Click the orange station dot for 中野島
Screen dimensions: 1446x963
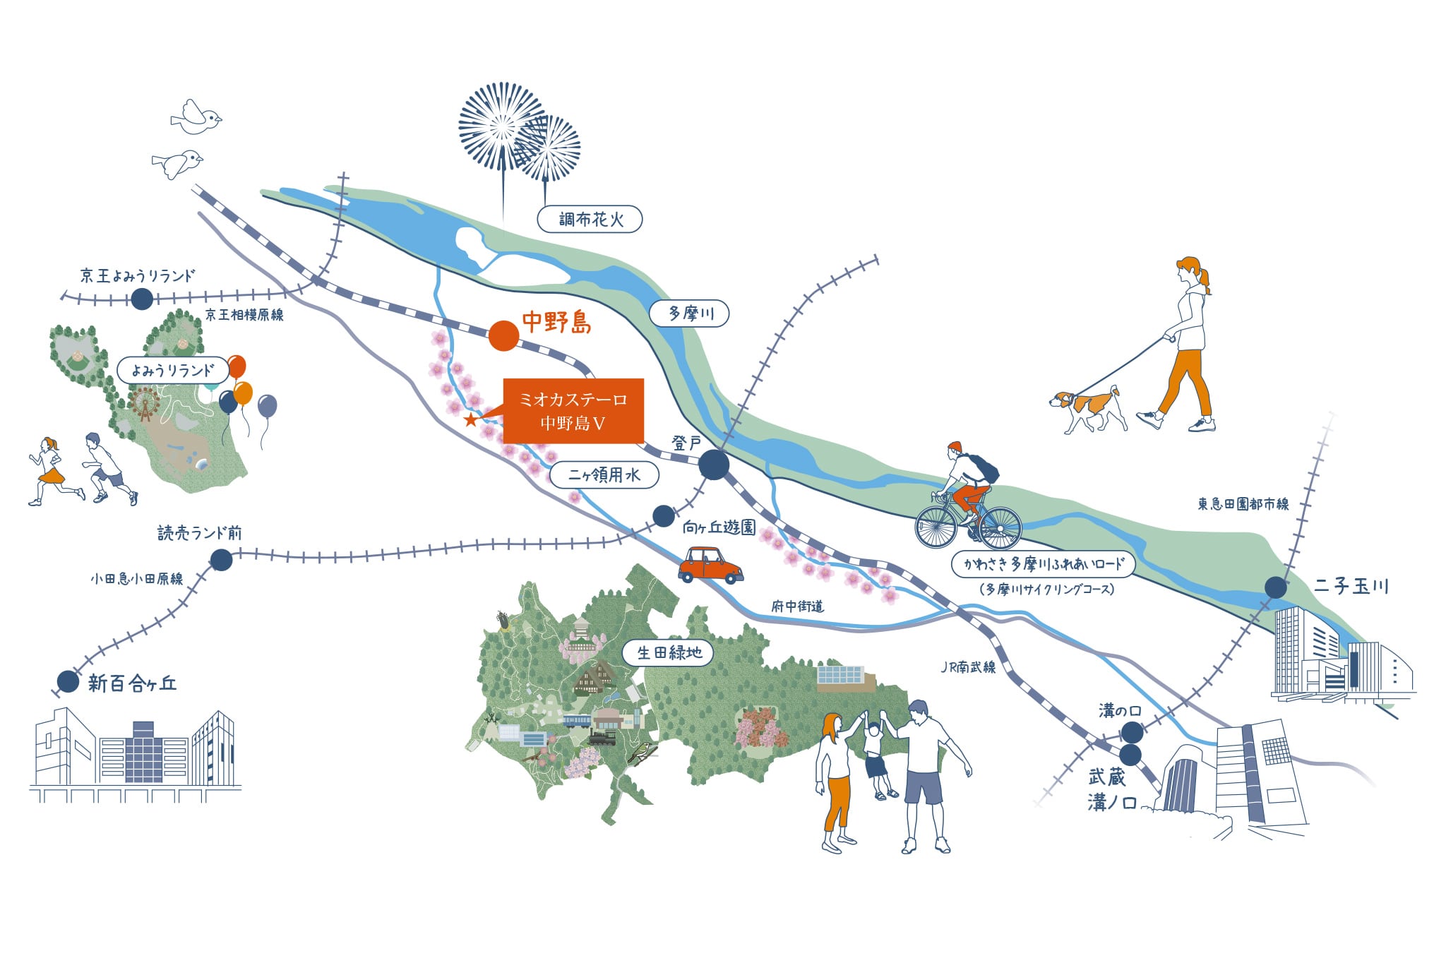[503, 336]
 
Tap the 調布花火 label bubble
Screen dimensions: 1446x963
[590, 220]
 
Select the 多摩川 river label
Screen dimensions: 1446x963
[689, 313]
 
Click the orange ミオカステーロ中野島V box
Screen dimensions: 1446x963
[573, 411]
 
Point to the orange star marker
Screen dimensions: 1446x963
[470, 420]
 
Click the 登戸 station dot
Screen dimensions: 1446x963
[714, 465]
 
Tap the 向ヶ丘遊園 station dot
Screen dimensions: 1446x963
[663, 516]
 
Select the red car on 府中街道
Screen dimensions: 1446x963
[710, 565]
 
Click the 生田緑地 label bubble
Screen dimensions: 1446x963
[668, 652]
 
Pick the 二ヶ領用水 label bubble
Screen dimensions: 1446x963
[604, 475]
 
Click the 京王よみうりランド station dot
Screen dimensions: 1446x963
[142, 299]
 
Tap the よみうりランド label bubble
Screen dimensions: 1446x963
[173, 371]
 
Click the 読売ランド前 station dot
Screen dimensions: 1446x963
[221, 560]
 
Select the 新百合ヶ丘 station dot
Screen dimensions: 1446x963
[68, 681]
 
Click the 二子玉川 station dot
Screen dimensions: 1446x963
[1275, 587]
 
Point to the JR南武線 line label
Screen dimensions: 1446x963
[968, 667]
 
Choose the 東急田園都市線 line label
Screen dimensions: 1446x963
[1243, 504]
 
